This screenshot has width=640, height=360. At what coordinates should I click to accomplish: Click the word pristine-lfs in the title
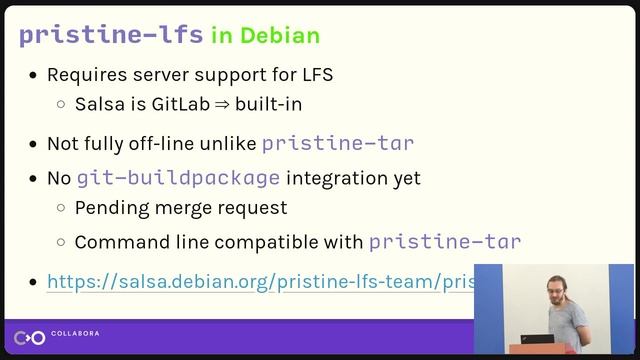tap(111, 35)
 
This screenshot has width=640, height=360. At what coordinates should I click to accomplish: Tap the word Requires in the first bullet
tap(83, 75)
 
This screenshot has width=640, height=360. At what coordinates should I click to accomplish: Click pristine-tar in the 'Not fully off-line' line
tap(338, 143)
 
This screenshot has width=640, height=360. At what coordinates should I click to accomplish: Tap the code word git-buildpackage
tap(178, 179)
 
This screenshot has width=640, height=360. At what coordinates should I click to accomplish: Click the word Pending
tap(109, 208)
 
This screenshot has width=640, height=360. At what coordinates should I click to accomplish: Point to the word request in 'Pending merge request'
tap(255, 208)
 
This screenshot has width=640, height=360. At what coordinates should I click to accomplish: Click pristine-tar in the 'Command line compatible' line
tap(445, 242)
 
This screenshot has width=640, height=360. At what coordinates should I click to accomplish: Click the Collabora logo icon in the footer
tap(31, 338)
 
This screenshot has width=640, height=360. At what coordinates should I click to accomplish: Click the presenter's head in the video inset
tap(559, 286)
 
